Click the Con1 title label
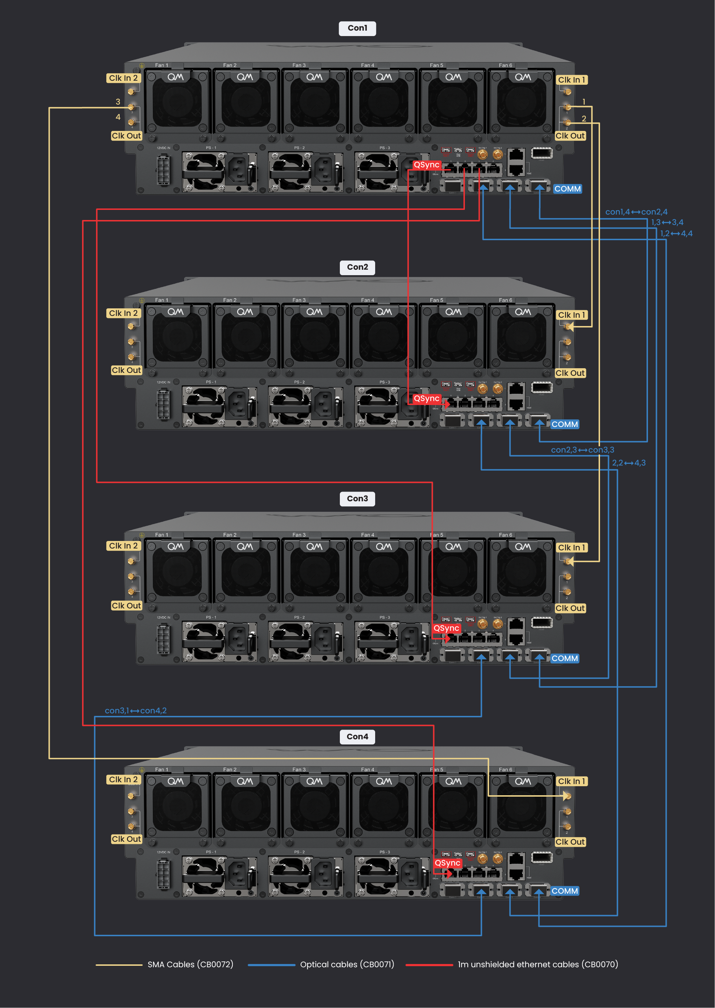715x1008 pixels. [357, 28]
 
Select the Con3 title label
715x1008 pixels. [357, 499]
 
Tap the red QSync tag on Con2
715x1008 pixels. [426, 399]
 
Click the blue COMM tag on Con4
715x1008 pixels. [564, 891]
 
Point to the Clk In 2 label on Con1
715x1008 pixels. [123, 78]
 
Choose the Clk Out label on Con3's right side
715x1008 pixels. [570, 608]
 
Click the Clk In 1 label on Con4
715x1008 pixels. [571, 781]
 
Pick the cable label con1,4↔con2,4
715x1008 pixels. [636, 212]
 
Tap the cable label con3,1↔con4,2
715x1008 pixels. [136, 710]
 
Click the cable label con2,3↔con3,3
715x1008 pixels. [582, 450]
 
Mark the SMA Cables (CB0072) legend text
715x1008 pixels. [190, 964]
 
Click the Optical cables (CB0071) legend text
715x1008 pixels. [347, 964]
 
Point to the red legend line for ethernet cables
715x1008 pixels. [429, 965]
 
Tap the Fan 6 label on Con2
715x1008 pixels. [505, 300]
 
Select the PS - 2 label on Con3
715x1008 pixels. [299, 617]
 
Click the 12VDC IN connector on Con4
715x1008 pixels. [163, 875]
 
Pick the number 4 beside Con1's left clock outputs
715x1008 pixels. [117, 117]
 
